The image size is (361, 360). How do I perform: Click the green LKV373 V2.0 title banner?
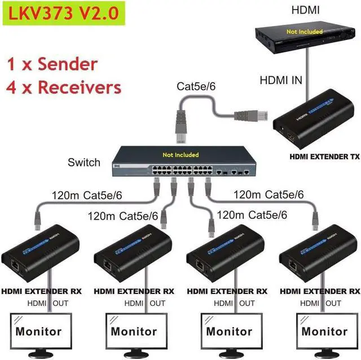point(62,14)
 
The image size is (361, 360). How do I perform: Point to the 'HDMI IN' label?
point(280,80)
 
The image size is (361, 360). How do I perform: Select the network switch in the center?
point(180,162)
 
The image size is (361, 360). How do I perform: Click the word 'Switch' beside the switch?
point(84,163)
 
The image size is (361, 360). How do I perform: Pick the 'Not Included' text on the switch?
point(180,154)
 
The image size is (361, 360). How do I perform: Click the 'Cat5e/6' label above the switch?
point(196,87)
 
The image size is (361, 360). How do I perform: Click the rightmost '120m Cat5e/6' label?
point(268,195)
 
